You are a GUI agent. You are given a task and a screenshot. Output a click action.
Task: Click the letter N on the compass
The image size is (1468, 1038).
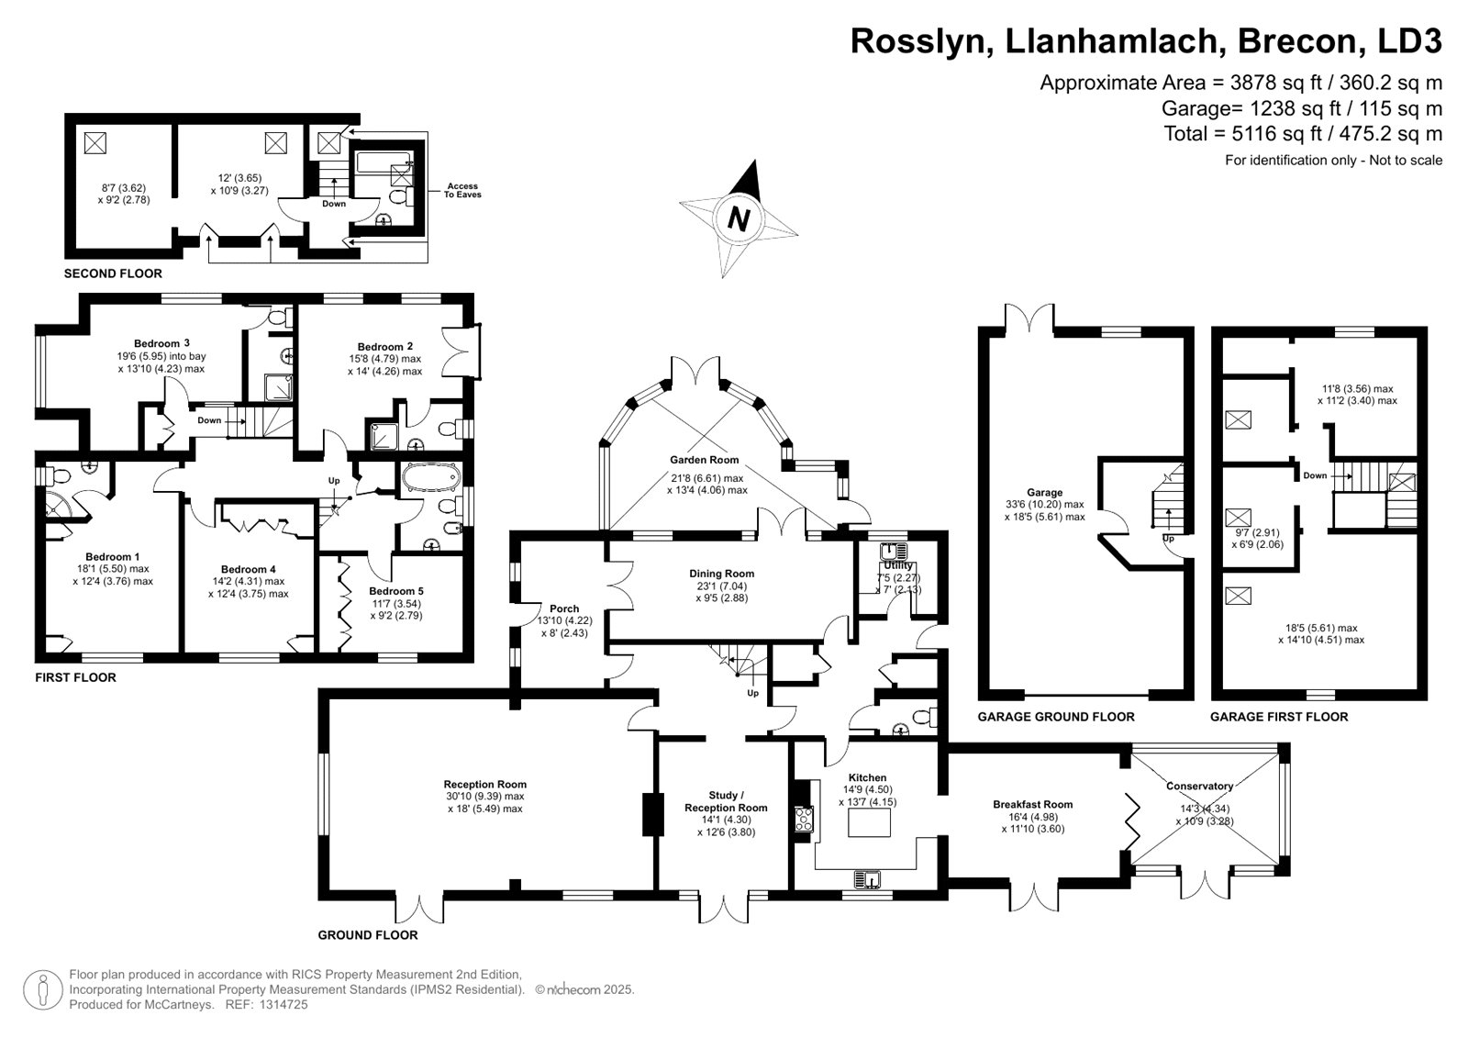click(739, 218)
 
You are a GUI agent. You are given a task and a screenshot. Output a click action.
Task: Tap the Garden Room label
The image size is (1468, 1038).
click(704, 460)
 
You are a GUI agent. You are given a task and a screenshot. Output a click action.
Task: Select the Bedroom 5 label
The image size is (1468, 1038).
click(396, 591)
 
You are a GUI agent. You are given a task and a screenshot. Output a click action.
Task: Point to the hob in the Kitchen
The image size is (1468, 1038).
click(805, 818)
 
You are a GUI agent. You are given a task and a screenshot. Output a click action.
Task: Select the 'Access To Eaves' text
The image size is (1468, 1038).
click(462, 191)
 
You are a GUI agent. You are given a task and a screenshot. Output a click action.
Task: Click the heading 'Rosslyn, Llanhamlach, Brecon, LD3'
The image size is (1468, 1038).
click(1146, 41)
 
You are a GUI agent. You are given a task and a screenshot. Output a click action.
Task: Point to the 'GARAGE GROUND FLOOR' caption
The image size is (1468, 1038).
click(1055, 717)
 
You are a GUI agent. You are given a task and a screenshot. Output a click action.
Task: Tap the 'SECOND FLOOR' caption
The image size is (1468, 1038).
click(113, 273)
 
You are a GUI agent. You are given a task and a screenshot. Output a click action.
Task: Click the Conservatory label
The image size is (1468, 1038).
click(1199, 786)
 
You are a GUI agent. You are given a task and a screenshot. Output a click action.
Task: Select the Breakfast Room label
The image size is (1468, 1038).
click(1032, 804)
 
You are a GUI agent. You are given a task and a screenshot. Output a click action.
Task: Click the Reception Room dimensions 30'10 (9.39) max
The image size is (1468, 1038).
click(484, 797)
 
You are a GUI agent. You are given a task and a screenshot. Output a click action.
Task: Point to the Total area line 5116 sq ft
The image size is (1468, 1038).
click(1303, 134)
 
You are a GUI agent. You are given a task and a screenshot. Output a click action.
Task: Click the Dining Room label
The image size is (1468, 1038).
click(721, 574)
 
